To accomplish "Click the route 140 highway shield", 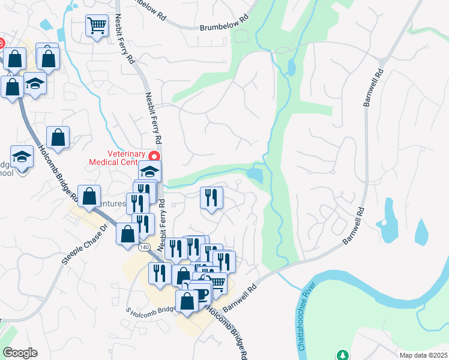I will [143, 247].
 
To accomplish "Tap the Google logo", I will [20, 353].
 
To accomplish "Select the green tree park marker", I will [342, 355].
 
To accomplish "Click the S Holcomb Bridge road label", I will [150, 310].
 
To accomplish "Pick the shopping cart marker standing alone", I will [96, 26].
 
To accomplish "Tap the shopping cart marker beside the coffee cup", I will [217, 282].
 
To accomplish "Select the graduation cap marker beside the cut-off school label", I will [22, 157].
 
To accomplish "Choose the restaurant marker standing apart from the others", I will [211, 197].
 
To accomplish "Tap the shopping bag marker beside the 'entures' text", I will [89, 196].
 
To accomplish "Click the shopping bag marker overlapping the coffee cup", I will [187, 301].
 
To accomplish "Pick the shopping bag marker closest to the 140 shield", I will [127, 234].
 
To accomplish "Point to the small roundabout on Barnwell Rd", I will [382, 63].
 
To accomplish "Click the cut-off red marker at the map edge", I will [2, 43].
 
